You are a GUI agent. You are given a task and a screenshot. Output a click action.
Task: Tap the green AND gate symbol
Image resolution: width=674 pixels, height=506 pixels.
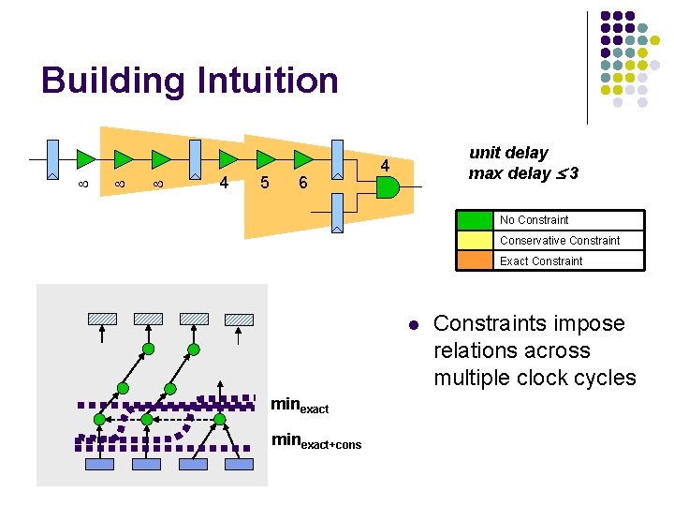(386, 186)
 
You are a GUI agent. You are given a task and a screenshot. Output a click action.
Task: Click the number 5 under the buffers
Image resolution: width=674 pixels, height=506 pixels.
(265, 183)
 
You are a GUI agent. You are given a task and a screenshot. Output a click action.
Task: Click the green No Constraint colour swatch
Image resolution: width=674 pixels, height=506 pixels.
(476, 220)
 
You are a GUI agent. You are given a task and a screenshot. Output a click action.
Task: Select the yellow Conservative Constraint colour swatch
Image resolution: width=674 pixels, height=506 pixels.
(476, 241)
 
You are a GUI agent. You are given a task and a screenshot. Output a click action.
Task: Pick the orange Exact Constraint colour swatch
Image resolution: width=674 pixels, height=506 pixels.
(476, 261)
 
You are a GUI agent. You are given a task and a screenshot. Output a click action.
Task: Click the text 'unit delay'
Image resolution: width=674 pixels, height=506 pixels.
(508, 153)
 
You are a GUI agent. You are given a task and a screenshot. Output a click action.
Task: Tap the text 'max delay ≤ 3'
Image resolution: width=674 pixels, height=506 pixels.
(523, 173)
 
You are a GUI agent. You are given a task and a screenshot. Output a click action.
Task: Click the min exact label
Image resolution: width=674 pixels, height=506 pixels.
(300, 406)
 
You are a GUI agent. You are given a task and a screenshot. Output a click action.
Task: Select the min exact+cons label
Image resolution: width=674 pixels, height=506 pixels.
(315, 440)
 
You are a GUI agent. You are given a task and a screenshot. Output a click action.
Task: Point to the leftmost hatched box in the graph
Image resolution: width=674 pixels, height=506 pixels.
(102, 319)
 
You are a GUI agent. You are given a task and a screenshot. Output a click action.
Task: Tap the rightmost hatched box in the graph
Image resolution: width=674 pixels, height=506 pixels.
(240, 319)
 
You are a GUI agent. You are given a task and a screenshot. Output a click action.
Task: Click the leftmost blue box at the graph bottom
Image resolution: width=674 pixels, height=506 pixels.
(99, 464)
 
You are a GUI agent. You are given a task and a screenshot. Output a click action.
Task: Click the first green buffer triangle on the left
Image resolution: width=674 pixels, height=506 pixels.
(86, 156)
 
